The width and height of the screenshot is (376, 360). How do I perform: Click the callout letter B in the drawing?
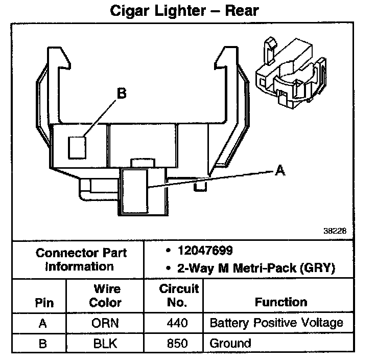click(x=121, y=94)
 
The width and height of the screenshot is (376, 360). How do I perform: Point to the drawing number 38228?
click(x=335, y=231)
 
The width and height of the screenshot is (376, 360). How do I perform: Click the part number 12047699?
click(x=205, y=251)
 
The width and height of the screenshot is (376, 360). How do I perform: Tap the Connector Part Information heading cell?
click(x=81, y=259)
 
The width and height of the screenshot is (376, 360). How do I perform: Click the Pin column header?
click(x=43, y=302)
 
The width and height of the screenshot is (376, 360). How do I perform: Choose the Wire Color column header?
click(x=106, y=295)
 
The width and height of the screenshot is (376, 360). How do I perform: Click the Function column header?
click(x=281, y=302)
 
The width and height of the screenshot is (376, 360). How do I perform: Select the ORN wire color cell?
click(x=106, y=323)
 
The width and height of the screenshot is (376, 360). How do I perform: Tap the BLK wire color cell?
click(x=106, y=343)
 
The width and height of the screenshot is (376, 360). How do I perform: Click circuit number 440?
click(x=177, y=323)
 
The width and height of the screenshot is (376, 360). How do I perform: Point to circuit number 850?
click(x=177, y=343)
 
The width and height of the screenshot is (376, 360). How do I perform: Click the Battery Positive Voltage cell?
click(x=276, y=323)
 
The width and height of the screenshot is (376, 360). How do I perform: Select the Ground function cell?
click(x=230, y=343)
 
